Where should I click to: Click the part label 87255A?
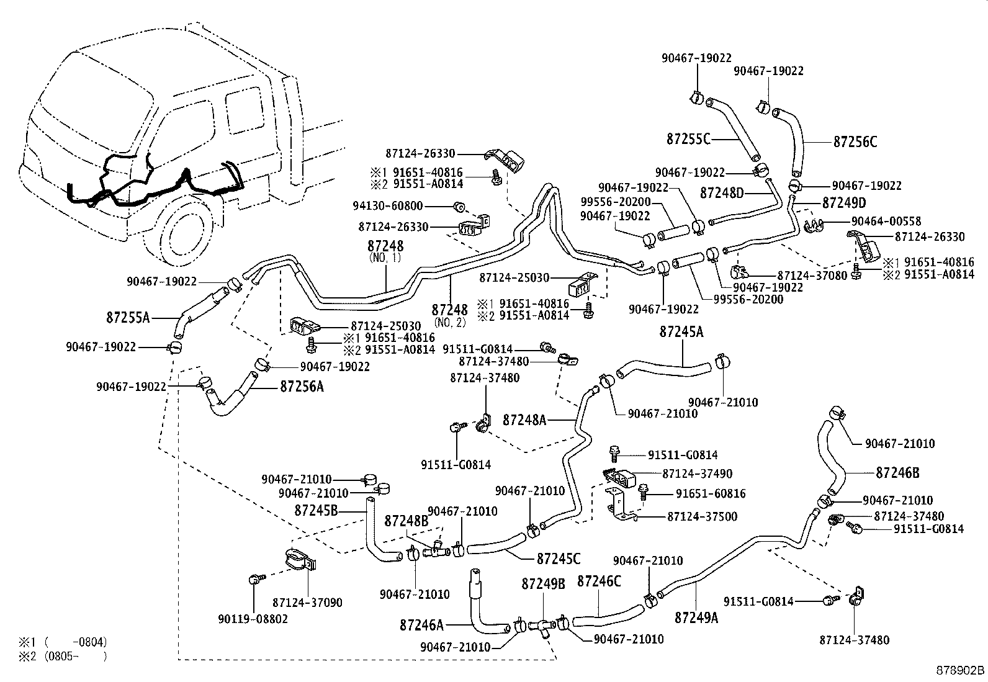click(127, 318)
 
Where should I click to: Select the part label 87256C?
click(855, 142)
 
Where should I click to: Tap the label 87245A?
click(681, 332)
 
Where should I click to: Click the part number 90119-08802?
click(253, 619)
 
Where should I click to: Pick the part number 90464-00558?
click(886, 221)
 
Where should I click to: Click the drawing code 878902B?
click(960, 671)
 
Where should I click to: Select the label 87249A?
click(696, 617)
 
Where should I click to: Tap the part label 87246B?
click(897, 473)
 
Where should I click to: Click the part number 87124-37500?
click(702, 516)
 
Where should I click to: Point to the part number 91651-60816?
click(711, 494)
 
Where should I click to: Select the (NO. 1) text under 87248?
click(385, 257)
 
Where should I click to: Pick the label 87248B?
click(406, 521)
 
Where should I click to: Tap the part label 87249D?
click(844, 203)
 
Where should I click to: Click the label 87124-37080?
click(812, 275)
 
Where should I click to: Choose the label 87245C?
click(558, 559)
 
